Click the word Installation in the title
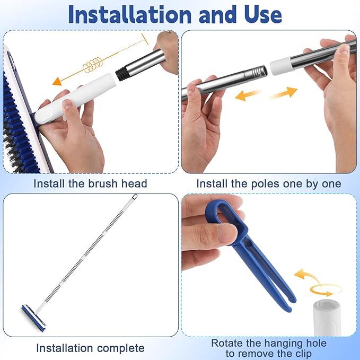coord(128,15)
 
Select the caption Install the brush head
coord(90,184)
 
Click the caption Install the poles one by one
coord(269,184)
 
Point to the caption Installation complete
coord(90,348)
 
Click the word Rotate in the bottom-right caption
coord(229,343)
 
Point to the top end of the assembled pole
coord(134,199)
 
